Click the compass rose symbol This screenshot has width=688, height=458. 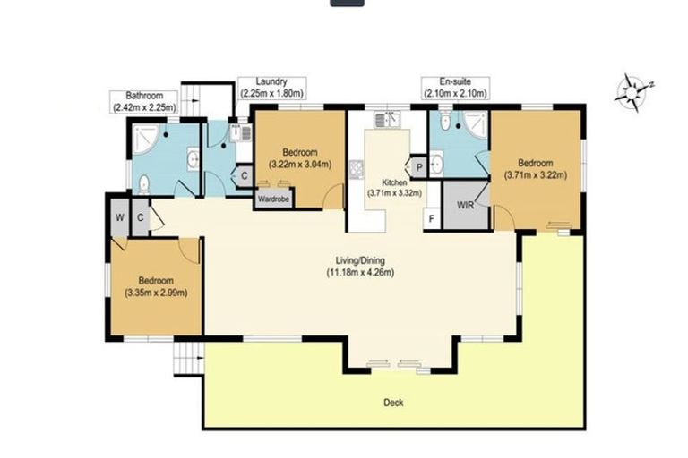634,89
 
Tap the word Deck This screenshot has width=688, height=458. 393,403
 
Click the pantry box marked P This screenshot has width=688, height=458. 417,165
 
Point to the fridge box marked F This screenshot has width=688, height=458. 432,217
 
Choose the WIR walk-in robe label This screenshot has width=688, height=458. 465,204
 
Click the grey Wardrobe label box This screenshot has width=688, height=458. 272,199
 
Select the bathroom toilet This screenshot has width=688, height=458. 143,185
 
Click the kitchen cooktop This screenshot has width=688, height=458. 356,167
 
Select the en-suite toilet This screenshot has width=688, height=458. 445,123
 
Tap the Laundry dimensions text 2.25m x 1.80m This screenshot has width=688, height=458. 272,93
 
